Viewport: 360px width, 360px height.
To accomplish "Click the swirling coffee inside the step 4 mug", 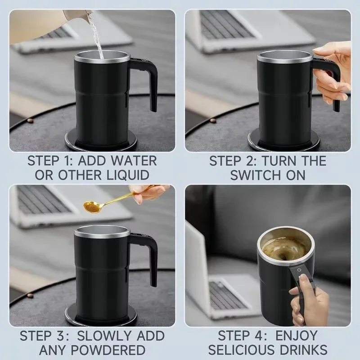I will tap(283, 247).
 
